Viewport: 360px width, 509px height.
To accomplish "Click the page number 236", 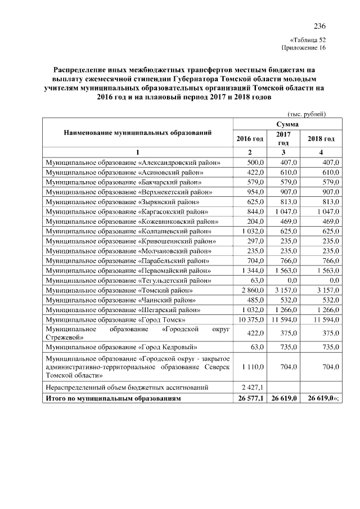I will tap(319, 26).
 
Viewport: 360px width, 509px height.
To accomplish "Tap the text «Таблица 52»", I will tap(307, 40).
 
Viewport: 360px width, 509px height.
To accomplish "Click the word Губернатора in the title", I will tap(196, 79).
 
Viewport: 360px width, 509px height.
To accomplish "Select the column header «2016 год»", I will tap(250, 138).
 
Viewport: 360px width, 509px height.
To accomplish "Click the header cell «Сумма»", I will tap(287, 124).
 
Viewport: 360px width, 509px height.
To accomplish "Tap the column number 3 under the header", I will tap(283, 152).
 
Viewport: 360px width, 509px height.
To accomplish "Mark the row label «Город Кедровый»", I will tap(124, 348).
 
